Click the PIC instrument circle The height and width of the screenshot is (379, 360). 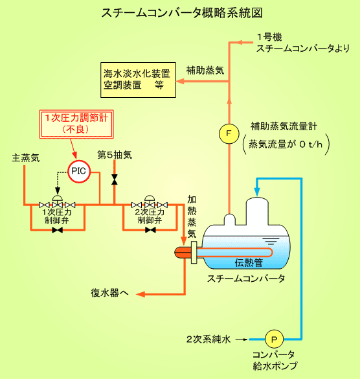[79, 172]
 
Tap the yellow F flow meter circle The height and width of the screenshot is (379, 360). [229, 133]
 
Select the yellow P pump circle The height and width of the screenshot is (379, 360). [275, 339]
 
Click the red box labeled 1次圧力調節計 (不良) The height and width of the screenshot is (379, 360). [76, 124]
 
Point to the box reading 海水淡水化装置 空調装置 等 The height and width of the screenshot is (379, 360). [138, 80]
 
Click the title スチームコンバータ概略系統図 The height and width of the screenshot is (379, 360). [182, 13]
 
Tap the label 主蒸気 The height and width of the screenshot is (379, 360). [26, 158]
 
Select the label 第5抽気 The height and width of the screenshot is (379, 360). [115, 155]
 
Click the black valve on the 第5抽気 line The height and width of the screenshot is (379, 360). [115, 179]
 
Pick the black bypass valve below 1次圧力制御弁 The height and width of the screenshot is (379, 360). [58, 230]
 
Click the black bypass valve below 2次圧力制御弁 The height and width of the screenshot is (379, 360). [150, 230]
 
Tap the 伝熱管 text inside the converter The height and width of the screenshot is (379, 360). [249, 262]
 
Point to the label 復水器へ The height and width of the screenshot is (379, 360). [109, 293]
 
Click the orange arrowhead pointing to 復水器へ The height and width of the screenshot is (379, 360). [141, 294]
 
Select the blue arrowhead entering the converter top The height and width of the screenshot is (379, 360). [257, 192]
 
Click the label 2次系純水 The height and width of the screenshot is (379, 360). [208, 339]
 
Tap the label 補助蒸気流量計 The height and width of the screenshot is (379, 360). [284, 126]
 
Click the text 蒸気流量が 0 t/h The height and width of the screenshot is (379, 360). [286, 144]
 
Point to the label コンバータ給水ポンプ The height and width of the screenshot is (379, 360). [275, 360]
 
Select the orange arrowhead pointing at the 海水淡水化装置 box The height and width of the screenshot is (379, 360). [181, 81]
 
